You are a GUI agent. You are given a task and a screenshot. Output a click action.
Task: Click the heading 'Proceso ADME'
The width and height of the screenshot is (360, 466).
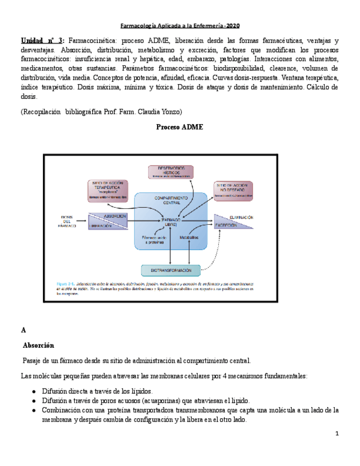coord(180,127)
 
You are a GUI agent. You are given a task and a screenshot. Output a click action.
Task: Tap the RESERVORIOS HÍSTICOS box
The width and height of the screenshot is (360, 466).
coord(171,172)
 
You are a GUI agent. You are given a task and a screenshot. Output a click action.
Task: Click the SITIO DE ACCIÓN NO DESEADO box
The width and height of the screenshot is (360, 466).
coord(233,190)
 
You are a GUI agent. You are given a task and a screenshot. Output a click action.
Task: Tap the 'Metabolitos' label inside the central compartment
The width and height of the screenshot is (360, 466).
coord(189,237)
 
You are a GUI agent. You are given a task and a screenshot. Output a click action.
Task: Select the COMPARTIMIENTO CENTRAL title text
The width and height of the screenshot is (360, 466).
coord(171,199)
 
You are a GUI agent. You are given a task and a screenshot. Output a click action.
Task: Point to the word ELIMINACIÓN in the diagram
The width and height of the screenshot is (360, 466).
coord(241,217)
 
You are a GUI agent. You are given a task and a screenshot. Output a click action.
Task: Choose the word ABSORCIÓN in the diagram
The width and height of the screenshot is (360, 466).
coord(115,216)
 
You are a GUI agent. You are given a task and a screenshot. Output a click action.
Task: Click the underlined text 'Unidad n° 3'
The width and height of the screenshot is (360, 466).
coord(42,41)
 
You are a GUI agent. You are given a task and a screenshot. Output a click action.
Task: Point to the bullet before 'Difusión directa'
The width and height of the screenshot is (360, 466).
coord(35,391)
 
